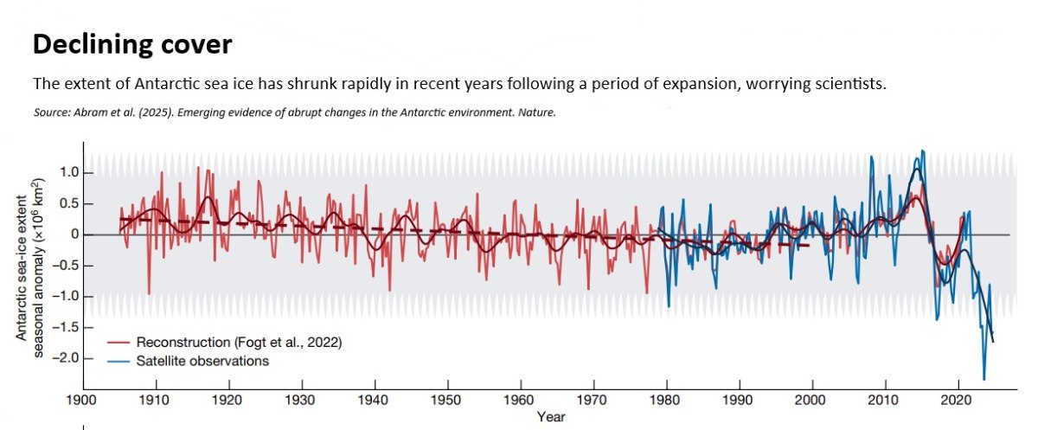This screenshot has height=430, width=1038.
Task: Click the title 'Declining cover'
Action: (x=132, y=45)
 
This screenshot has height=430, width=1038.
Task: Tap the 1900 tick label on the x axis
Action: (x=83, y=400)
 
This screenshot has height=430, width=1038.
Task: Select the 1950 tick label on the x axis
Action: (x=447, y=400)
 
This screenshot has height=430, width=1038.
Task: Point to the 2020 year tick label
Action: (x=958, y=400)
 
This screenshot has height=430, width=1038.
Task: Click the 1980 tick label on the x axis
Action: (x=666, y=400)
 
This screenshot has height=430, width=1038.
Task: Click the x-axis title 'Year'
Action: (x=551, y=417)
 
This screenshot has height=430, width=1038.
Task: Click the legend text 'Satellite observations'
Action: (x=202, y=361)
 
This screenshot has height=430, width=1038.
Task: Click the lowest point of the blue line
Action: (x=984, y=379)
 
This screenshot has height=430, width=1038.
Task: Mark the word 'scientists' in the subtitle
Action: (x=843, y=85)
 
